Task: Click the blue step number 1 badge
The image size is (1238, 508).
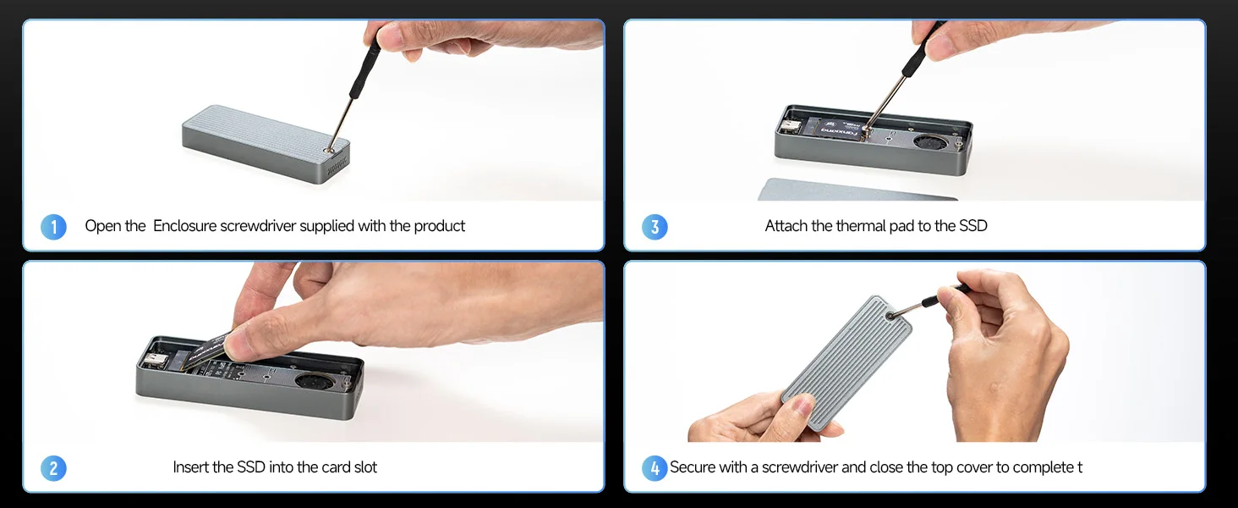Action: (53, 227)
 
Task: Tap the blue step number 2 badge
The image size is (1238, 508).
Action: (53, 468)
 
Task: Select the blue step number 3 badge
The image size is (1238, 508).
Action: (655, 227)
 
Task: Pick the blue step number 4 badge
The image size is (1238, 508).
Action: (655, 468)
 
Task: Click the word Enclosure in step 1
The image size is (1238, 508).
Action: (184, 226)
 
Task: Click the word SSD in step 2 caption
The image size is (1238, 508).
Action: (251, 467)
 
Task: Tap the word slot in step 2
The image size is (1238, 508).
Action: (365, 467)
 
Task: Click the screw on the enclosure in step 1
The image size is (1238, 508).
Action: (330, 149)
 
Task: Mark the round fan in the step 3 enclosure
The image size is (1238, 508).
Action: (930, 142)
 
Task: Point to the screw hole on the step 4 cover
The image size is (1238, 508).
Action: (890, 316)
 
